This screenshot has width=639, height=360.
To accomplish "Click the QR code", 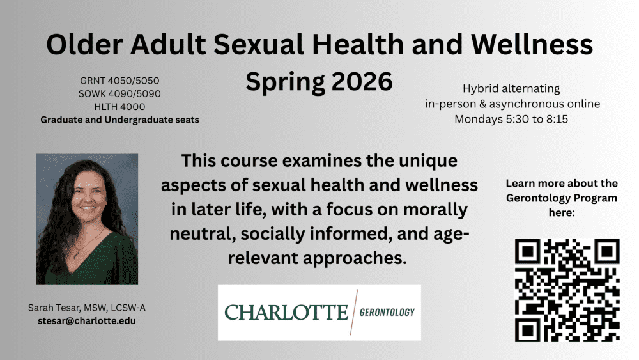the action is pyautogui.click(x=567, y=290).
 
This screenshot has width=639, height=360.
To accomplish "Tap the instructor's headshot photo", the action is pyautogui.click(x=87, y=219).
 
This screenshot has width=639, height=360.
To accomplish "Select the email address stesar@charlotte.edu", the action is pyautogui.click(x=87, y=321).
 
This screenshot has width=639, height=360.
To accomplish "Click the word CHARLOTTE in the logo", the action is pyautogui.click(x=286, y=313).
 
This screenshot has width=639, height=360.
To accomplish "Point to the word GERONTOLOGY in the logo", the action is pyautogui.click(x=387, y=312).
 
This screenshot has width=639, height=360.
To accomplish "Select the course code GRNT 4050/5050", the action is pyautogui.click(x=120, y=81).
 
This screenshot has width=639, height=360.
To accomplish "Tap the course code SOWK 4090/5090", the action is pyautogui.click(x=120, y=94).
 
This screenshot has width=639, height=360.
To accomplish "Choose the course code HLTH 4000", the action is pyautogui.click(x=120, y=107).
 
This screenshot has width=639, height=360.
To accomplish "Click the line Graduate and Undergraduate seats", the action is pyautogui.click(x=120, y=120).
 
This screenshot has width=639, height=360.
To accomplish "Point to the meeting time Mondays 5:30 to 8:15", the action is pyautogui.click(x=511, y=119).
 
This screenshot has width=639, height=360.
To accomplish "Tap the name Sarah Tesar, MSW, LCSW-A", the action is pyautogui.click(x=87, y=308).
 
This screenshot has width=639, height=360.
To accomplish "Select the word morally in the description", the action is pyautogui.click(x=436, y=210).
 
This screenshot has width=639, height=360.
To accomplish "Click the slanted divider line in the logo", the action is pyautogui.click(x=354, y=312).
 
